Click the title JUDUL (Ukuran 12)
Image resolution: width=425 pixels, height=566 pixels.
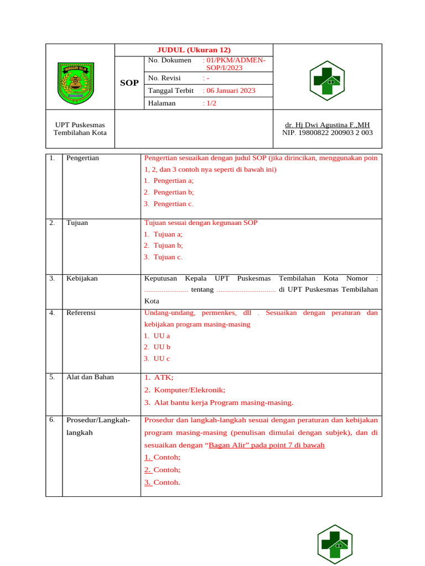[194, 50]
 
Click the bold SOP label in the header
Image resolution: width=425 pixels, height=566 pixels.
[129, 83]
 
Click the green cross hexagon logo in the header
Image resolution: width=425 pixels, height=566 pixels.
[327, 81]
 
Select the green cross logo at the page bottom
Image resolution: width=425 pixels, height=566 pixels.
[335, 544]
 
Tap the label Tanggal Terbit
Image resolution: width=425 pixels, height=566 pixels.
[170, 91]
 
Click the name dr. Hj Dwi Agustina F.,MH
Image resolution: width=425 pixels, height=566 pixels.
[327, 125]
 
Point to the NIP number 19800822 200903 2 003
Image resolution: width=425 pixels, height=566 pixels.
[327, 133]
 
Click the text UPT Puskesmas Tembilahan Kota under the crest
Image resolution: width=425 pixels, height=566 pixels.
[80, 129]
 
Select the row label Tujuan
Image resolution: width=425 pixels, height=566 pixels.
[77, 223]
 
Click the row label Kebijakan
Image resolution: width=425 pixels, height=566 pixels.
[82, 278]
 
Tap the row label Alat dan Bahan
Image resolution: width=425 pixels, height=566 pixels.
[90, 377]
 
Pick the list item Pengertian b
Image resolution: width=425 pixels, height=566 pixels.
[173, 192]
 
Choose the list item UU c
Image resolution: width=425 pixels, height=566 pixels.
[162, 358]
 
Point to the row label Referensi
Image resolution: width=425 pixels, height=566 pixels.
[81, 313]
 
